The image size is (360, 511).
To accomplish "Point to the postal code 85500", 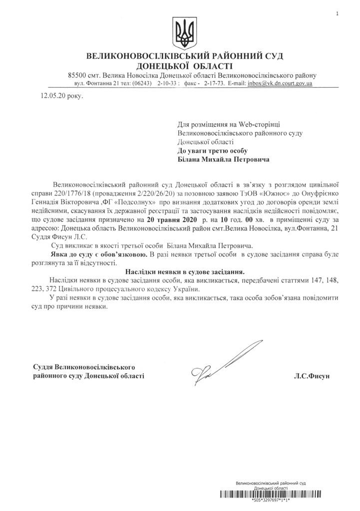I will tap(77, 75).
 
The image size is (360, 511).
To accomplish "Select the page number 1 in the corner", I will tap(338, 14).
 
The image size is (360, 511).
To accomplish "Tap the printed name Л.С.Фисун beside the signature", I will tap(313, 375).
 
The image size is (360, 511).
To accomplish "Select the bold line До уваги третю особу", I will tap(212, 150).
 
